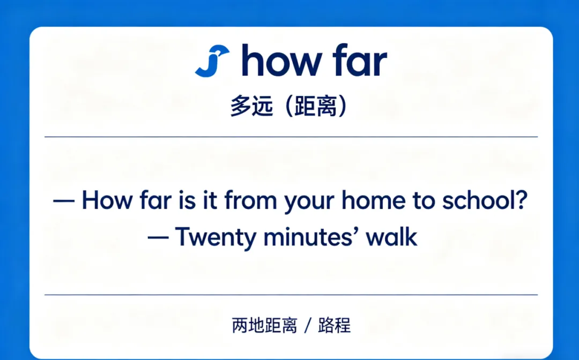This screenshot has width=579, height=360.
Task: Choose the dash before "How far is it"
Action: coord(64,201)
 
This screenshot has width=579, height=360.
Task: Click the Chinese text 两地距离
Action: coord(264,325)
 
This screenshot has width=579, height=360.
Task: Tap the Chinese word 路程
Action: coord(334,325)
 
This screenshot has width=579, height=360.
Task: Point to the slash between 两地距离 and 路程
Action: coord(307,325)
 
